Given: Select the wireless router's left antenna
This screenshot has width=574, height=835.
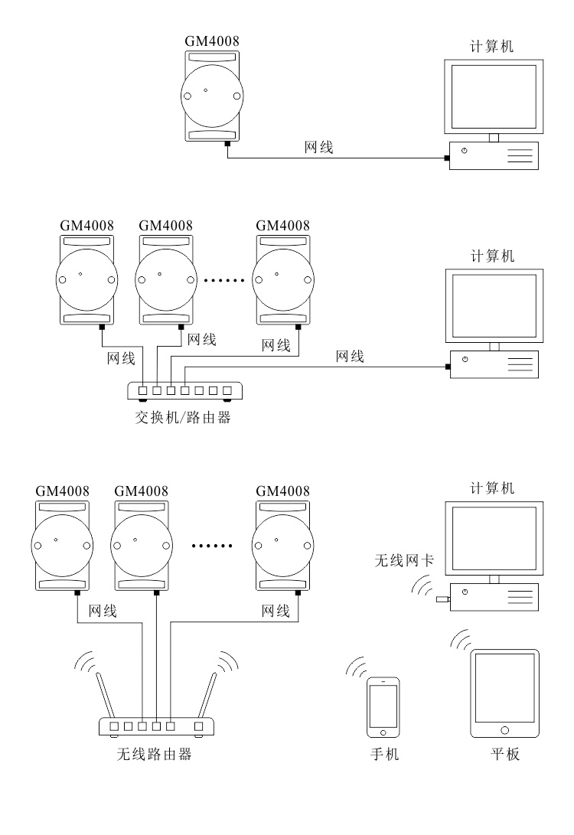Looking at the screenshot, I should tap(105, 693).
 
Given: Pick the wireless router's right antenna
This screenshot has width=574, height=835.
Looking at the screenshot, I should tap(207, 693).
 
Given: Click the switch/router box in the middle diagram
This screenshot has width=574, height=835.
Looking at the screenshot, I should tap(184, 390).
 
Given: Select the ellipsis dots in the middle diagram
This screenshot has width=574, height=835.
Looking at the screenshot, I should tap(223, 280).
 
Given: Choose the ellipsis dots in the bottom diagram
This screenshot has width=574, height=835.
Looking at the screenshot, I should tap(210, 546).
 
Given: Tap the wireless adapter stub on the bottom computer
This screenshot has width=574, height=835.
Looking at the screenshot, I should tap(442, 600).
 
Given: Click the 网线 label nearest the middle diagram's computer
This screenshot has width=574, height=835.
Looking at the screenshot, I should tap(350, 356).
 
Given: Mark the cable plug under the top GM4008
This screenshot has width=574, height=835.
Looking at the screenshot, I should tap(227, 143).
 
